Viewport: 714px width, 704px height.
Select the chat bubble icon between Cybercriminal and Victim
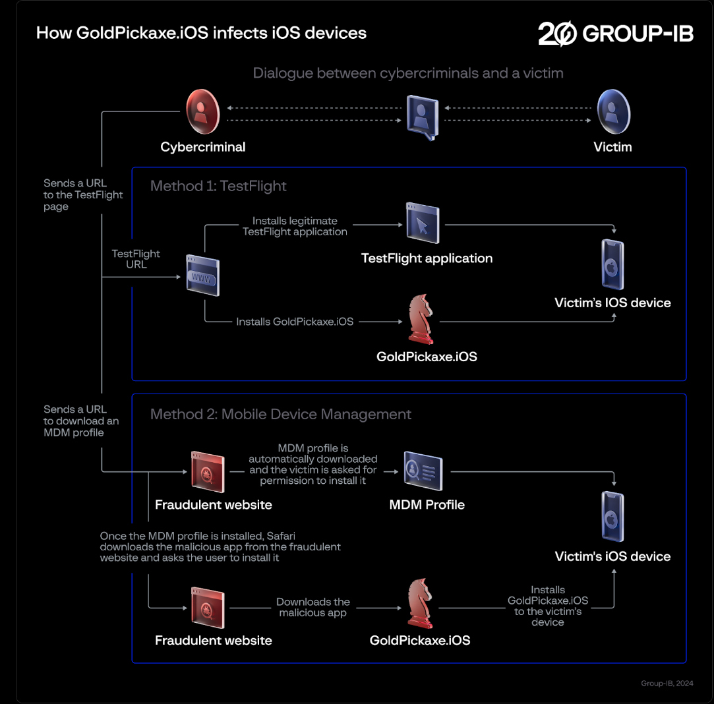[x=423, y=116]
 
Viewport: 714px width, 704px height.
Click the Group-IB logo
[x=615, y=34]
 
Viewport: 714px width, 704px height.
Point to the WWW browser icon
[x=202, y=276]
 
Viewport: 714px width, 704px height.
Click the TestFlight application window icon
[x=423, y=224]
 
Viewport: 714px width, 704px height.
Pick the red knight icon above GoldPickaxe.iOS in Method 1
[x=421, y=320]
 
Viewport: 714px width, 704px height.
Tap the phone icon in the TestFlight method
[x=613, y=265]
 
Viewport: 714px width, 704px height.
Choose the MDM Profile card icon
[x=423, y=471]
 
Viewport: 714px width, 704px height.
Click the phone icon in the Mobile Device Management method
[x=613, y=517]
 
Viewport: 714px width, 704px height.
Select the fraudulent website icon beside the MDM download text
[x=208, y=471]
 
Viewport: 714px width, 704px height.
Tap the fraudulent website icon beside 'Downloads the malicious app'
[x=208, y=606]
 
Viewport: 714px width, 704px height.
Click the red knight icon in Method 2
[x=421, y=604]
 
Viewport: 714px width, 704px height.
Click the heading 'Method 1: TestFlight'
[x=218, y=186]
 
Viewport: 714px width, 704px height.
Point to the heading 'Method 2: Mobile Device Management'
[x=281, y=414]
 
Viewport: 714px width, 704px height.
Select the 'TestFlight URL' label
[x=136, y=258]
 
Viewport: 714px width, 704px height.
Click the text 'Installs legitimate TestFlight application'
[x=295, y=226]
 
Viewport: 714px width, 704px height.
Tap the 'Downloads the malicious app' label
[x=313, y=607]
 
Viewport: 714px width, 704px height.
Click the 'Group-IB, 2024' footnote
[x=667, y=684]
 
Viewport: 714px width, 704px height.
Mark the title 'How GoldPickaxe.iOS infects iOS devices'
[x=201, y=33]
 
